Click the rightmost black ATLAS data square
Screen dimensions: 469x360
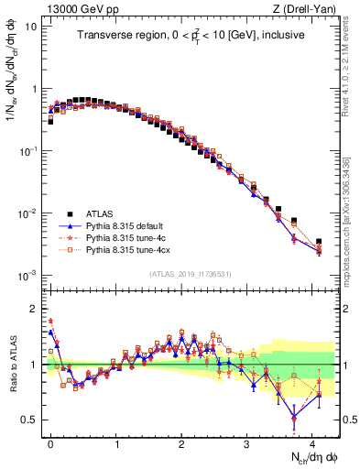click(x=318, y=242)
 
